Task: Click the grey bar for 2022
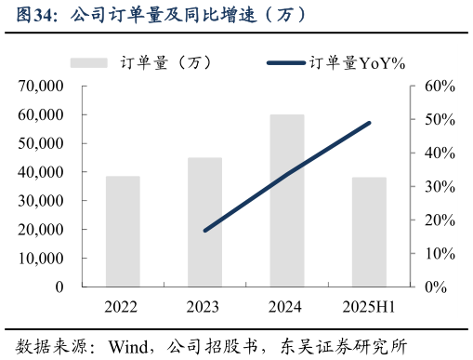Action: pyautogui.click(x=123, y=231)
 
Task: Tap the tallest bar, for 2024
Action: pyautogui.click(x=287, y=200)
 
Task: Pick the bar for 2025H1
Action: pyautogui.click(x=369, y=232)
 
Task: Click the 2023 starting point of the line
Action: pyautogui.click(x=204, y=230)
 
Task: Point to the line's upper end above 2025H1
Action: pyautogui.click(x=369, y=123)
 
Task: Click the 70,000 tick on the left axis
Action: pyautogui.click(x=39, y=87)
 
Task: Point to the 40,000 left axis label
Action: pyautogui.click(x=39, y=172)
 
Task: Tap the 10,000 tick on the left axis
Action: pyautogui.click(x=39, y=259)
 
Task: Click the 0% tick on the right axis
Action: pyautogui.click(x=436, y=287)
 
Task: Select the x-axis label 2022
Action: pyautogui.click(x=123, y=307)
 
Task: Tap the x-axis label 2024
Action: pyautogui.click(x=287, y=307)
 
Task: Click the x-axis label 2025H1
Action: pyautogui.click(x=369, y=307)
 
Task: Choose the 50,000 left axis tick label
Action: pyautogui.click(x=39, y=143)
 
